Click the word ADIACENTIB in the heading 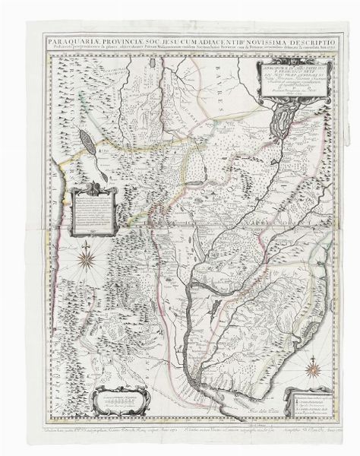(206, 37)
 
